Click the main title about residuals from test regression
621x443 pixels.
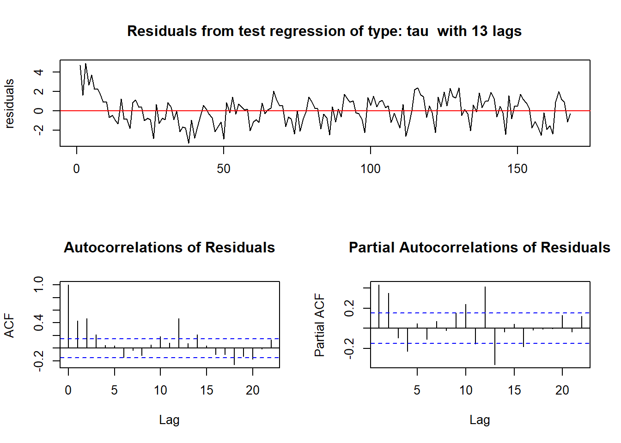tap(324, 31)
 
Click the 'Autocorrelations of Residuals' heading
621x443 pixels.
tap(169, 247)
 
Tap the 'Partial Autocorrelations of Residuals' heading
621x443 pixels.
tap(479, 247)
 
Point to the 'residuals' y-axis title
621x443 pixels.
tap(9, 103)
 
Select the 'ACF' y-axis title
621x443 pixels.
tap(9, 325)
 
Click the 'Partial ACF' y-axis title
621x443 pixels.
tap(320, 325)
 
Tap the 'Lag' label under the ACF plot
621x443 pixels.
tap(169, 419)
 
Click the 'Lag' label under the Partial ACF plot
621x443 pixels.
tap(479, 419)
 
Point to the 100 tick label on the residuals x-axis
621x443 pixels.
tap(370, 169)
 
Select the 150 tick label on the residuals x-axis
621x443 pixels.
tap(517, 169)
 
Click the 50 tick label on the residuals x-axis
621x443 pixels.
tap(224, 169)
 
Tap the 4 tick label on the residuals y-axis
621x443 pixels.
tap(39, 72)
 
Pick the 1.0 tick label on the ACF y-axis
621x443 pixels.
tap(39, 284)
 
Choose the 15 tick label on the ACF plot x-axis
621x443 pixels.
tap(207, 390)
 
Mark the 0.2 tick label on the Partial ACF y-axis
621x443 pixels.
tap(349, 308)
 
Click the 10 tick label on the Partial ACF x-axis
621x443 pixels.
tap(466, 390)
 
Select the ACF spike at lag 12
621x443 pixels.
tap(179, 333)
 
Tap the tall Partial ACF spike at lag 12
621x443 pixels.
tap(485, 307)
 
